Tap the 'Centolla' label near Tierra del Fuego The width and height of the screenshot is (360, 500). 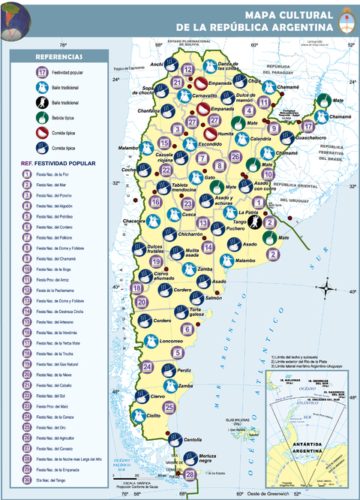click(x=193, y=439)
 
